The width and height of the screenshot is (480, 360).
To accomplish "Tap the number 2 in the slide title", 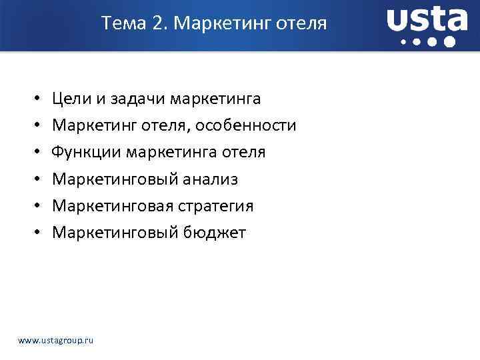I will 158,24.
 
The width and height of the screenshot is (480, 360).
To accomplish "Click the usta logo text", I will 427,19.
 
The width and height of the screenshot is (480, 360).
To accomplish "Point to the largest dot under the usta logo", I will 449,42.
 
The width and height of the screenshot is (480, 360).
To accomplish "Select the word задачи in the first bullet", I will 136,99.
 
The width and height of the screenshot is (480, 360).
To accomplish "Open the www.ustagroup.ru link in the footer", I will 56,340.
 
